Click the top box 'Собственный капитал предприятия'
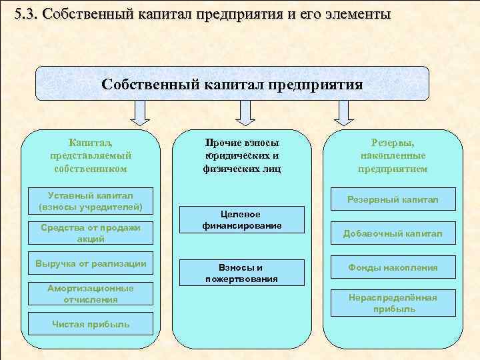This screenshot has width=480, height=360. coord(232,84)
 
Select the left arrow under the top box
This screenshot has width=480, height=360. coord(139,113)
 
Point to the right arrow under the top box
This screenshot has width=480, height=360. coord(343,113)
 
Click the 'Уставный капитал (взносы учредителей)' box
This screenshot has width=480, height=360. coord(91,201)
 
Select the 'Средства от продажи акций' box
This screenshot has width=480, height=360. coord(91,233)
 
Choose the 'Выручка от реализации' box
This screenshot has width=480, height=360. coord(91,263)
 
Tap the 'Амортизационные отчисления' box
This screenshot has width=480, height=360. coord(91,294)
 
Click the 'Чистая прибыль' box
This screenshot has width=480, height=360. coord(91,325)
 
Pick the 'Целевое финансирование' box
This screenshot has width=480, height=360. coord(241,220)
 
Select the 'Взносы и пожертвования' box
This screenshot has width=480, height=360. coord(241,273)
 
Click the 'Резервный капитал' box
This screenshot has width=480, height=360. coord(393,199)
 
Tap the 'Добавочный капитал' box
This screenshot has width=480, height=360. coord(393,233)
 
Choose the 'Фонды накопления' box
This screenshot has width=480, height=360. coord(393,267)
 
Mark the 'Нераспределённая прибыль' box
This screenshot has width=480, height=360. coord(393,303)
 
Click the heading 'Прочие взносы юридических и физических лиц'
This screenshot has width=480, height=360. coord(241,156)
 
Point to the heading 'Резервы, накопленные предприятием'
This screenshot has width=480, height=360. coord(393,156)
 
